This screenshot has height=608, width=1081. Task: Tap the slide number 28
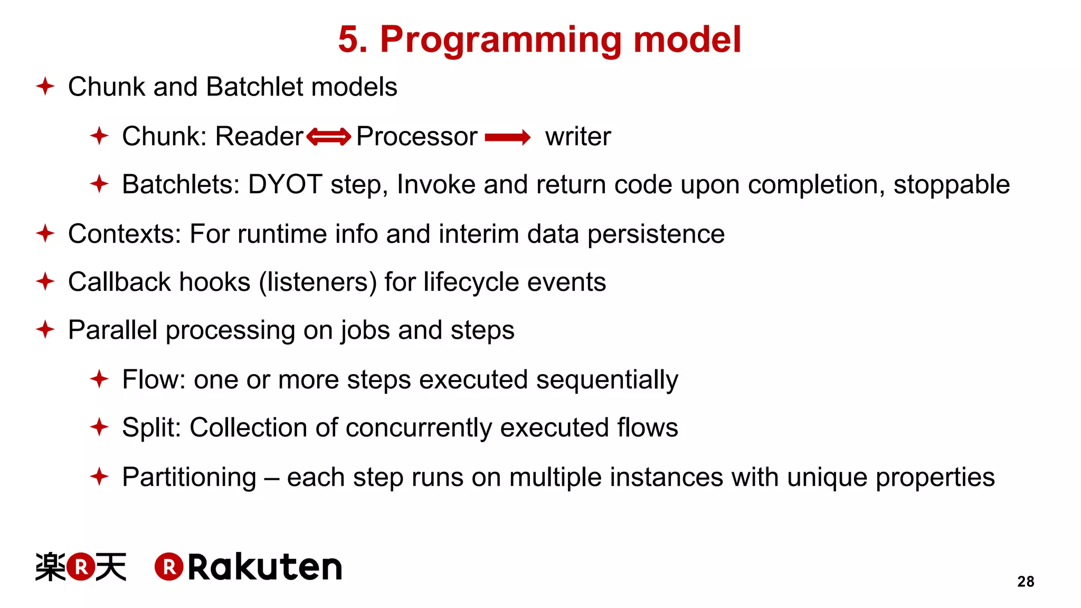pos(1026,582)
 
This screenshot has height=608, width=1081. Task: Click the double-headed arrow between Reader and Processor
pos(328,137)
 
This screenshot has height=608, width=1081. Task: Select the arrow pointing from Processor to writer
pos(507,137)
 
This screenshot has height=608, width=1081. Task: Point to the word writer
pos(578,137)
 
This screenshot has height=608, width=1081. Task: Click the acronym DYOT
pos(285,185)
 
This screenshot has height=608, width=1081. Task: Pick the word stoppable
pos(951,185)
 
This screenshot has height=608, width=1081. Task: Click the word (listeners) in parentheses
pos(317,282)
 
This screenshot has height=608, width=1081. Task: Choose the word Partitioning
pos(189,478)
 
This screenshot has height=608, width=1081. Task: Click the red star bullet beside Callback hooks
pos(45,281)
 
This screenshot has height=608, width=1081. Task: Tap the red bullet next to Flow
pos(99,379)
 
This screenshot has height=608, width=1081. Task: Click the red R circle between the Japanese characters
pos(81,567)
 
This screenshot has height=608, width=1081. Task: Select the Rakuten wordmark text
pos(265,568)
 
